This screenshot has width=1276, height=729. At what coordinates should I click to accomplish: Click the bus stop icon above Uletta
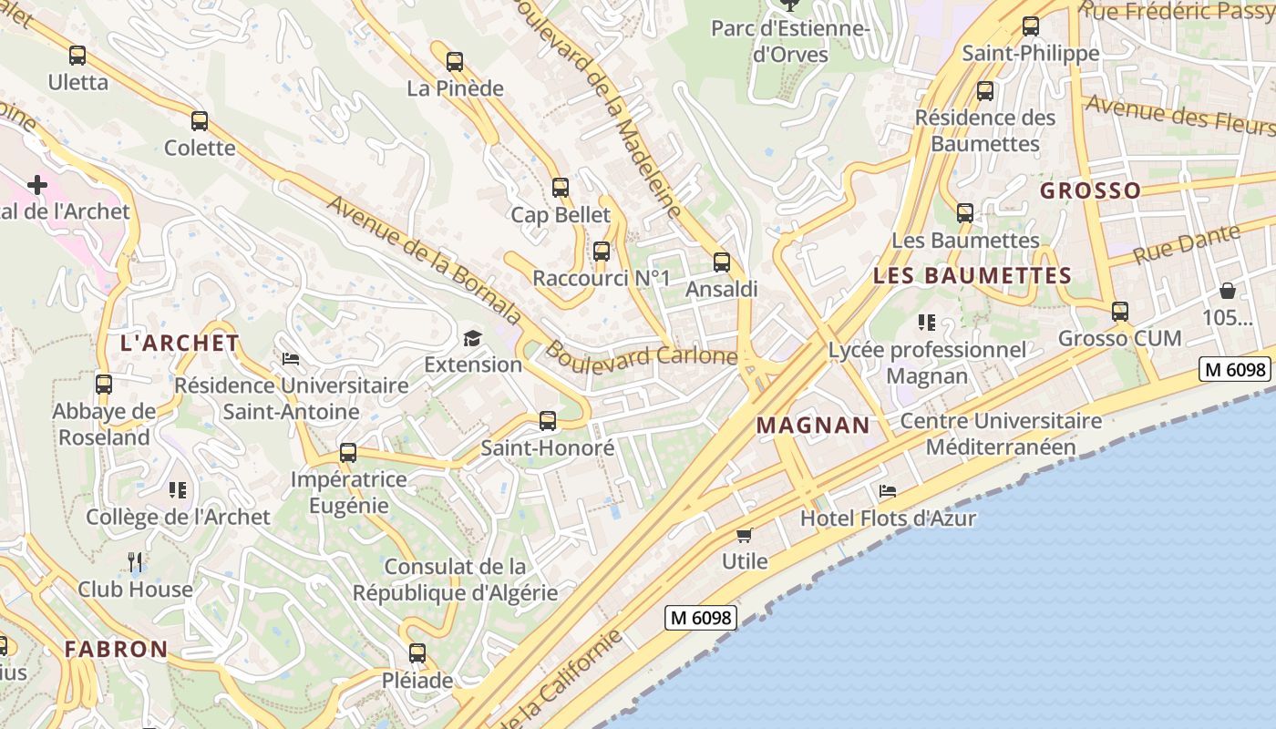pyautogui.click(x=77, y=56)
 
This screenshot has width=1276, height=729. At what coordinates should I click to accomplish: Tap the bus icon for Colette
pyautogui.click(x=200, y=120)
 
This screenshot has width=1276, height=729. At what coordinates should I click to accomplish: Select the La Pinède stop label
pyautogui.click(x=455, y=88)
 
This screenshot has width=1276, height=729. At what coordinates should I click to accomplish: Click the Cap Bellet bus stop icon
pyautogui.click(x=561, y=188)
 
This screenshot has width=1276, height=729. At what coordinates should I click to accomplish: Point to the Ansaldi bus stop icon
pyautogui.click(x=722, y=262)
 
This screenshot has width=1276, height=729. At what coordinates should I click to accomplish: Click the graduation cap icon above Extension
pyautogui.click(x=472, y=338)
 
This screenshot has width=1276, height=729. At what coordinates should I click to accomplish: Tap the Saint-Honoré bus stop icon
pyautogui.click(x=548, y=421)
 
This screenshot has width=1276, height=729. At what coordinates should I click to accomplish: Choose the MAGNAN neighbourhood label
pyautogui.click(x=813, y=426)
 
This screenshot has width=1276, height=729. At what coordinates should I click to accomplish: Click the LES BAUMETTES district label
pyautogui.click(x=972, y=276)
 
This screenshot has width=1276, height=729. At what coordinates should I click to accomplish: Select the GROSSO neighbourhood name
pyautogui.click(x=1090, y=190)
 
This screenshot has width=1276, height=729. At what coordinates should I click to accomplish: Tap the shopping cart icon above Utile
pyautogui.click(x=745, y=535)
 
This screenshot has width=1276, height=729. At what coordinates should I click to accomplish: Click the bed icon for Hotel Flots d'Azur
pyautogui.click(x=888, y=491)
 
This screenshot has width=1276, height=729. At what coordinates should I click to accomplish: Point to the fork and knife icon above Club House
pyautogui.click(x=135, y=562)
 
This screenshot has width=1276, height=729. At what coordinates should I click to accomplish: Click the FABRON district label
pyautogui.click(x=116, y=650)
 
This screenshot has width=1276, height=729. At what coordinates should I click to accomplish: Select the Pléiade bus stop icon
pyautogui.click(x=417, y=653)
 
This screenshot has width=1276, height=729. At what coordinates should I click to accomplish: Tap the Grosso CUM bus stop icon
pyautogui.click(x=1120, y=312)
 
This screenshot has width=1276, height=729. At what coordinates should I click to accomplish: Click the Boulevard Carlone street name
pyautogui.click(x=642, y=354)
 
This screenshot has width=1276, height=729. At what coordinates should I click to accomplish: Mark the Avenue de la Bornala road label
pyautogui.click(x=424, y=261)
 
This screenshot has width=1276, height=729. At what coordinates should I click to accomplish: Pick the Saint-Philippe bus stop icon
pyautogui.click(x=1031, y=26)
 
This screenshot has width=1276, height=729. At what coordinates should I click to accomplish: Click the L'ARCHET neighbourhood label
pyautogui.click(x=180, y=344)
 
